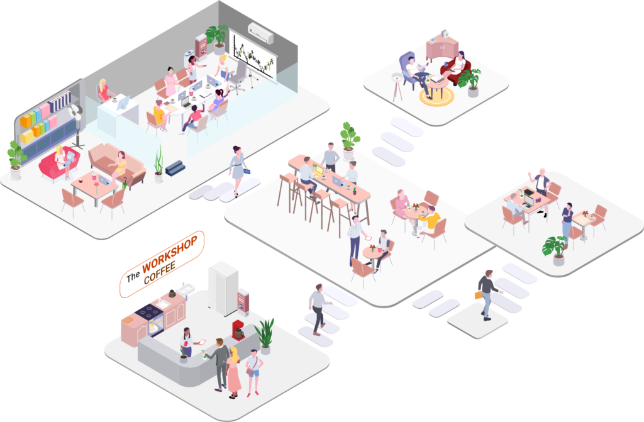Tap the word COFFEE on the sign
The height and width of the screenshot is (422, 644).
click(160, 273)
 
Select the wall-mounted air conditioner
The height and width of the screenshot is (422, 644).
click(260, 33)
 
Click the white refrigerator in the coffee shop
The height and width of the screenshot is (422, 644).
click(223, 289)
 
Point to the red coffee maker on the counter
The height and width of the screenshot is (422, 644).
click(238, 330)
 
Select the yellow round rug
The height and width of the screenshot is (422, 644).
click(436, 97)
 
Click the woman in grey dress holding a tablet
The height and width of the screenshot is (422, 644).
click(238, 170)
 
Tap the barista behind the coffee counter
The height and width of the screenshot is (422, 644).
click(187, 343)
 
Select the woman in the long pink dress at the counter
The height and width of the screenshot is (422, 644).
click(234, 372)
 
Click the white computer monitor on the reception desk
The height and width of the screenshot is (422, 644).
click(123, 103)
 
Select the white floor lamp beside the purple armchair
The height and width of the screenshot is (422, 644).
click(397, 87)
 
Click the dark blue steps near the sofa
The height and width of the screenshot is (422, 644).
click(175, 168)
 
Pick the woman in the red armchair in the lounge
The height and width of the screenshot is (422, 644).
click(455, 67)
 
